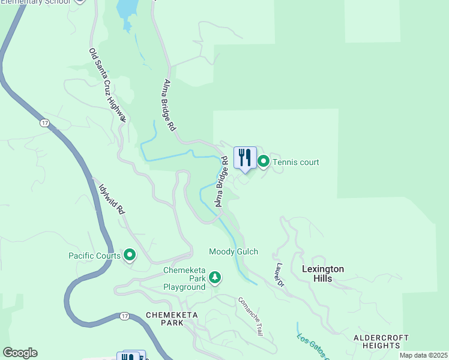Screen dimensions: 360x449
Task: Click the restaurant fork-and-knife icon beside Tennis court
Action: point(244,158)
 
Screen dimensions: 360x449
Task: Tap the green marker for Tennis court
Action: point(264,161)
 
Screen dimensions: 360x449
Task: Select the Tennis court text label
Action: point(295,162)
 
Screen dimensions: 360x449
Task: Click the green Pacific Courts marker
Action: point(130,256)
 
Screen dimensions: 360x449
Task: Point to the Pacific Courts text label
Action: point(94,256)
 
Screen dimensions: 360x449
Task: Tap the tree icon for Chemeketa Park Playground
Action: point(215,278)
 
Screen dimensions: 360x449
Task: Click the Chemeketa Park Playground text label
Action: point(184,279)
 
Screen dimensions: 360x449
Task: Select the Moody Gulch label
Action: point(233,251)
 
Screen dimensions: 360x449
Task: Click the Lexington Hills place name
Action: point(323,274)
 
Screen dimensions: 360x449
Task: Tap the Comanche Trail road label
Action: point(251,316)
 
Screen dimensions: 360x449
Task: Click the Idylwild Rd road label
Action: point(111,197)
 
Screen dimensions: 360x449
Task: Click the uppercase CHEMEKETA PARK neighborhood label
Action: point(169,319)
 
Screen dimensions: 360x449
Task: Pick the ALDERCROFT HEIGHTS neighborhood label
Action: point(381,341)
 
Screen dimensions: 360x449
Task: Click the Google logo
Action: point(20,353)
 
